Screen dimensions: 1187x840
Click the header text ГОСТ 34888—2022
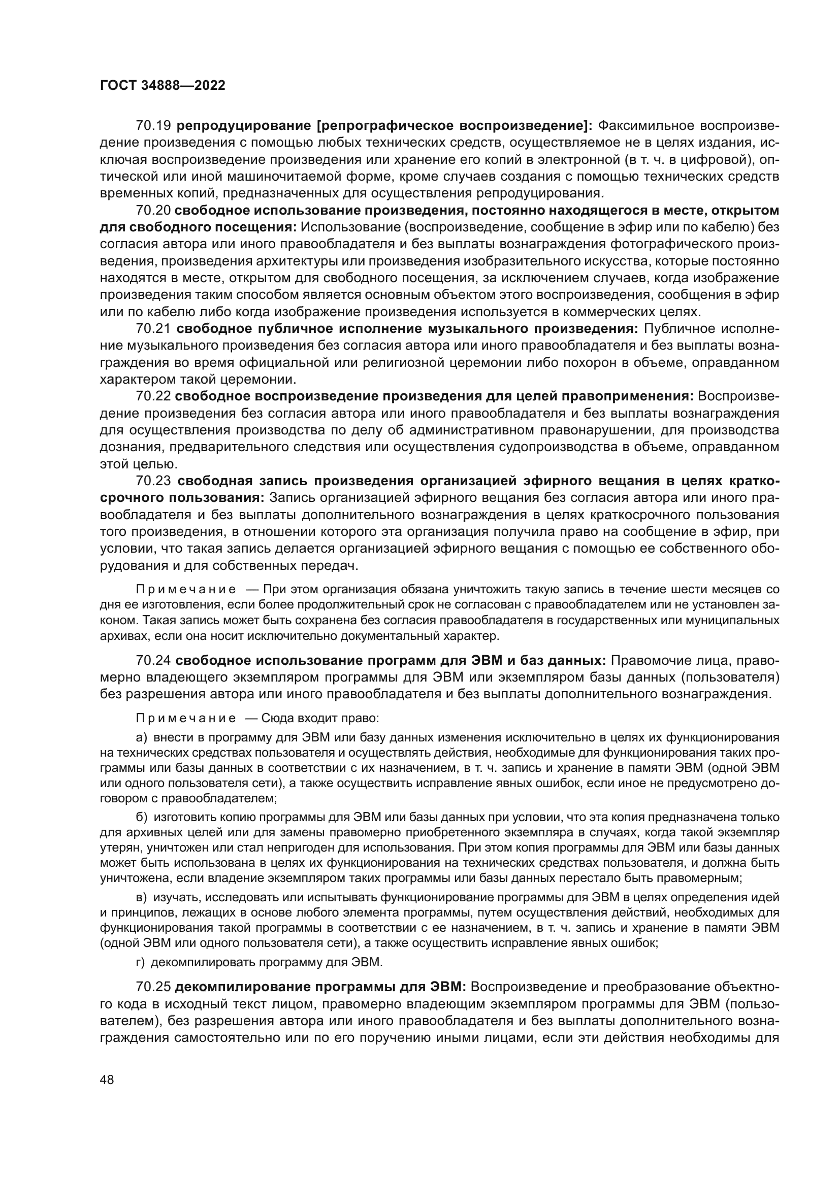[163, 86]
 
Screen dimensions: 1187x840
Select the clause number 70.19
[153, 126]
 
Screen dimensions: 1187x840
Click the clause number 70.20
[153, 211]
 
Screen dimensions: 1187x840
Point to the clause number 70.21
[153, 329]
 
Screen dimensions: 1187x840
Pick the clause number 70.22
[153, 396]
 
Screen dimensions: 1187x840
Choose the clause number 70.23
[153, 481]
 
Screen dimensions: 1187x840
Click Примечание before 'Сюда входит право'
[186, 718]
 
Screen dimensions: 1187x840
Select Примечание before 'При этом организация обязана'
[186, 589]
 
